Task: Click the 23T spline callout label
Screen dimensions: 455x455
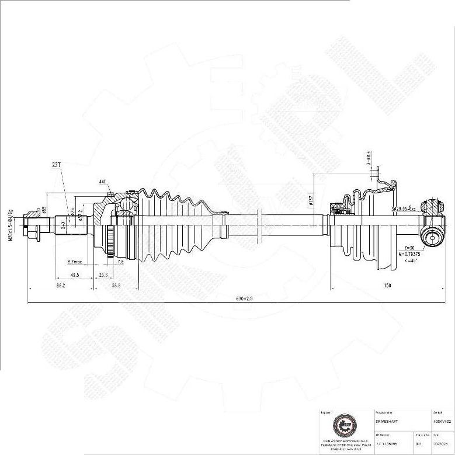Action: (56, 165)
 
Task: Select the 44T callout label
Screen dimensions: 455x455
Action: (103, 182)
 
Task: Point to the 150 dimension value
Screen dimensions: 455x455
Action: (387, 285)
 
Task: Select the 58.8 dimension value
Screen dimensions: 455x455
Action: (116, 285)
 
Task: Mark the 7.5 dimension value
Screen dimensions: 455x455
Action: (120, 262)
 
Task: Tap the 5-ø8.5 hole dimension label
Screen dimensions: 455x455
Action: (369, 158)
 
